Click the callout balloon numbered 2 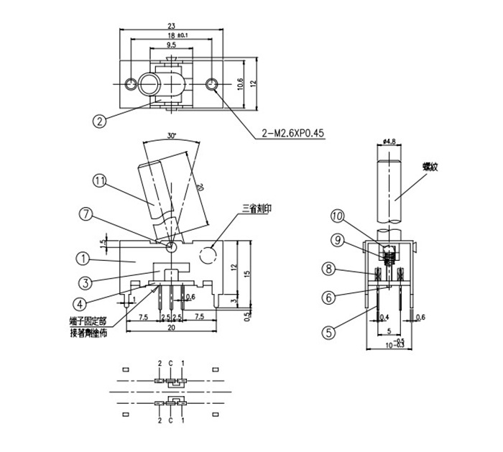pyautogui.click(x=100, y=120)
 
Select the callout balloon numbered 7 pyautogui.click(x=86, y=213)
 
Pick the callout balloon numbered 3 pyautogui.click(x=84, y=282)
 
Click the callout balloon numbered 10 pyautogui.click(x=338, y=216)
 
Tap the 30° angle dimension pyautogui.click(x=170, y=135)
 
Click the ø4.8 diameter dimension pyautogui.click(x=391, y=142)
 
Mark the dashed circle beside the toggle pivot pyautogui.click(x=209, y=254)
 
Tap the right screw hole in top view pyautogui.click(x=212, y=85)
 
